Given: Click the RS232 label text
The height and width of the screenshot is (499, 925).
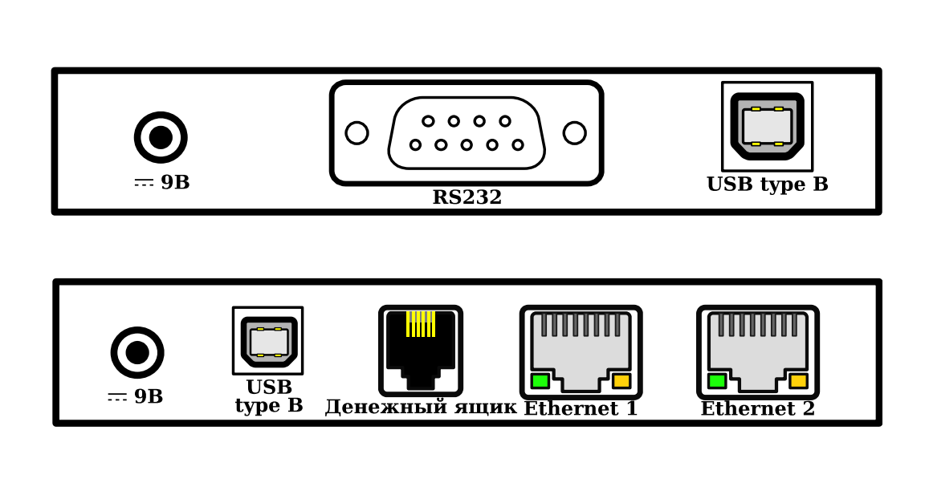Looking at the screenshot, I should pos(467,198).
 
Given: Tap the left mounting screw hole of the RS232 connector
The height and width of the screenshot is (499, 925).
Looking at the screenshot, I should pos(357,133).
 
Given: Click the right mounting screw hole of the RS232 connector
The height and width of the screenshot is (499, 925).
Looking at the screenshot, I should pos(574,133).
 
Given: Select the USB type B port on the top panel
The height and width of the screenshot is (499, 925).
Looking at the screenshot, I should pos(767,126).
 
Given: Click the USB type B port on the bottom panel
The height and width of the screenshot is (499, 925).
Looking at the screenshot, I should pos(268,341).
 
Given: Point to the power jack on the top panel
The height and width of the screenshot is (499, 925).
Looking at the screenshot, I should pos(161,137).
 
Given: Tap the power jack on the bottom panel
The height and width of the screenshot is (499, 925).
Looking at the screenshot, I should pos(137,352).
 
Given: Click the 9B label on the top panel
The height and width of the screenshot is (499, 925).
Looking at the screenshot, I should pos(162,183).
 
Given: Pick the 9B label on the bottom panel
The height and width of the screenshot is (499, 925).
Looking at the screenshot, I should pos(136,397).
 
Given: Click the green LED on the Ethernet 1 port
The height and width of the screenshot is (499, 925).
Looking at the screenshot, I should pos(540,381).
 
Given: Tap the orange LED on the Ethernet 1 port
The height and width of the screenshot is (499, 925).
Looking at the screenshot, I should pos(621,381).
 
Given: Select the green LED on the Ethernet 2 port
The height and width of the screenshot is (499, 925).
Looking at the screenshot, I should pos(716,381).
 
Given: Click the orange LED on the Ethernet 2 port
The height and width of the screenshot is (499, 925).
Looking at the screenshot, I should pos(798,381).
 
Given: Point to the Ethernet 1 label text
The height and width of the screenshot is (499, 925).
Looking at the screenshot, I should pos(581,409).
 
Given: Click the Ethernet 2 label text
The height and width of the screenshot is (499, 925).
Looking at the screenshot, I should pos(757,409).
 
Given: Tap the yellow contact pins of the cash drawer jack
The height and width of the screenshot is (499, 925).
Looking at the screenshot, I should pos(421,324).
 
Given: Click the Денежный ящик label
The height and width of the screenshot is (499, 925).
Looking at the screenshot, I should pos(420,408).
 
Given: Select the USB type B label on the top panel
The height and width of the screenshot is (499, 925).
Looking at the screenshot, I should pos(767,185).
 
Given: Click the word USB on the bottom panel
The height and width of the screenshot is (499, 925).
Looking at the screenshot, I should pos(268,387).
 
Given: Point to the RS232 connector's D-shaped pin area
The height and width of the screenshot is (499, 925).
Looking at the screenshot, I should pos(467,133).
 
